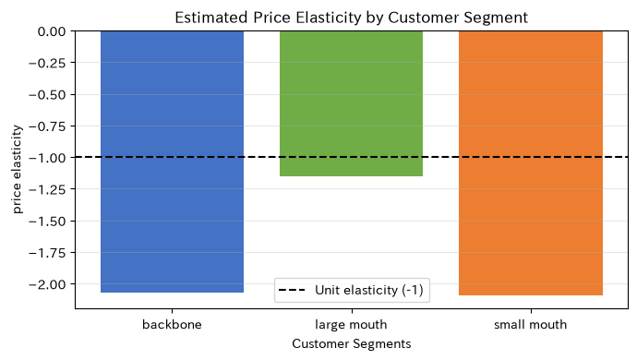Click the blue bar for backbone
point(173,162)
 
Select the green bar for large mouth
point(352,103)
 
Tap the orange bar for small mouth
point(531,163)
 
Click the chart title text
point(352,18)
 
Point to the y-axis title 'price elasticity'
point(17,169)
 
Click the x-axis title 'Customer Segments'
point(352,343)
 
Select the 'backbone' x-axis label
point(173,325)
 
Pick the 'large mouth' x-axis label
point(352,325)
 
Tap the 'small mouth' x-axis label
point(531,325)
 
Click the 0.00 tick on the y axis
point(52,31)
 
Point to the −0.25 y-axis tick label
point(47,63)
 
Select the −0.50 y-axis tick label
point(47,95)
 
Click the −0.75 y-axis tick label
point(47,126)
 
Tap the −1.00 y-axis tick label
point(47,158)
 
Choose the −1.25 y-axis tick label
point(47,189)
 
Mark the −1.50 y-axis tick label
point(47,221)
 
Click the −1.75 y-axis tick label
point(47,253)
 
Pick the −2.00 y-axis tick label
point(47,284)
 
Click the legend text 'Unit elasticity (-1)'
point(369,290)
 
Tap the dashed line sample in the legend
point(292,290)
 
